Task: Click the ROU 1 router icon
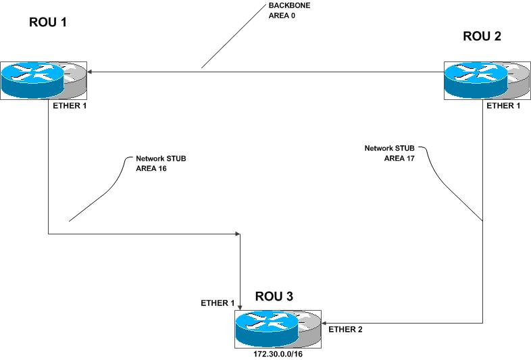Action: click(44, 80)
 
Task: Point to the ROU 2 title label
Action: click(482, 36)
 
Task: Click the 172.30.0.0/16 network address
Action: click(278, 351)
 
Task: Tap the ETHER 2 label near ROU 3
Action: click(347, 330)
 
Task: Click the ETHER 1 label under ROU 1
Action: click(70, 106)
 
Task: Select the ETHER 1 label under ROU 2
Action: click(504, 106)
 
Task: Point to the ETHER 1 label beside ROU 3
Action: click(217, 303)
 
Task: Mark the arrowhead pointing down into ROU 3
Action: click(241, 307)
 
